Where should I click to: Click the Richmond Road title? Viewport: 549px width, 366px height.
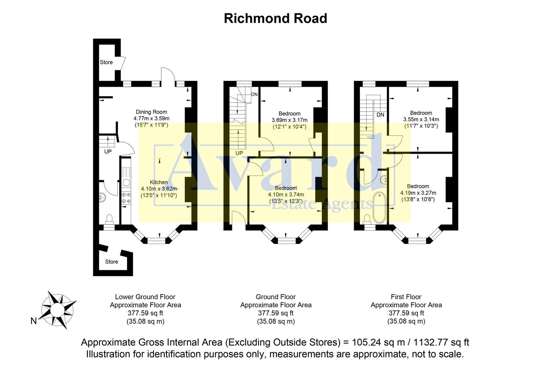(275, 18)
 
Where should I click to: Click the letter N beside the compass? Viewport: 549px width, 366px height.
(34, 321)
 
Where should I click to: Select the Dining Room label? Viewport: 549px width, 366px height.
(151, 112)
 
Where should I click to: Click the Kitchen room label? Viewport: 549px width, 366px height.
(159, 182)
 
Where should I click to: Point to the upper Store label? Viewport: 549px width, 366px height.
(106, 62)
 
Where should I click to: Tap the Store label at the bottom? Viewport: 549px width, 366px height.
(112, 262)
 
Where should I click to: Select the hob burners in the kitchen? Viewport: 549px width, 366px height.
(126, 198)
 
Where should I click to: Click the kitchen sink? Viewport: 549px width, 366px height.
(126, 183)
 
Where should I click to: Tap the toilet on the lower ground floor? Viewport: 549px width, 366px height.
(109, 218)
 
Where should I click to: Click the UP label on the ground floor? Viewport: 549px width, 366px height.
(239, 153)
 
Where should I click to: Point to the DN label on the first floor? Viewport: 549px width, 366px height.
(380, 115)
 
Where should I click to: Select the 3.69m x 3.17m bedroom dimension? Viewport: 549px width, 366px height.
(289, 120)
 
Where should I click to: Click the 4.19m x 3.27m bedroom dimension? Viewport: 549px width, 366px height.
(418, 193)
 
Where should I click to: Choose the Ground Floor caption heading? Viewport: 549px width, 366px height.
(276, 297)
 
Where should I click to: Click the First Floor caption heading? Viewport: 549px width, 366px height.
(406, 297)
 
